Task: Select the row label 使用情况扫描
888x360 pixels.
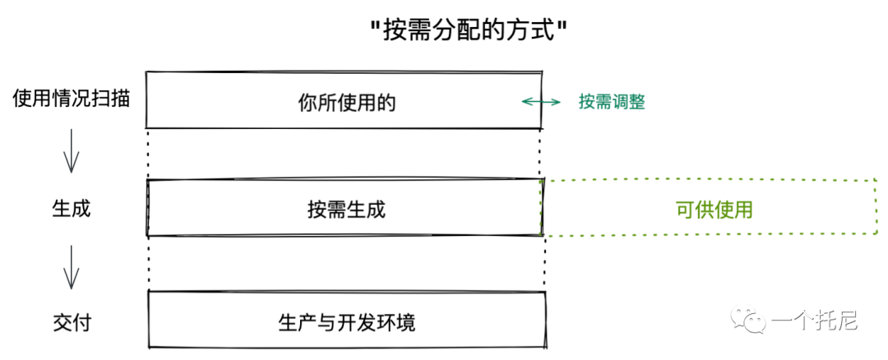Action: coord(72,99)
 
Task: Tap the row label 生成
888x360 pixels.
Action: coord(72,208)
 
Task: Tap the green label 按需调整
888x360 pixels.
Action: coord(611,102)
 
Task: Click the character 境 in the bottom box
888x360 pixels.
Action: coord(405,322)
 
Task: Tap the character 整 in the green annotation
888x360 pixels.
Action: coord(636,102)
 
